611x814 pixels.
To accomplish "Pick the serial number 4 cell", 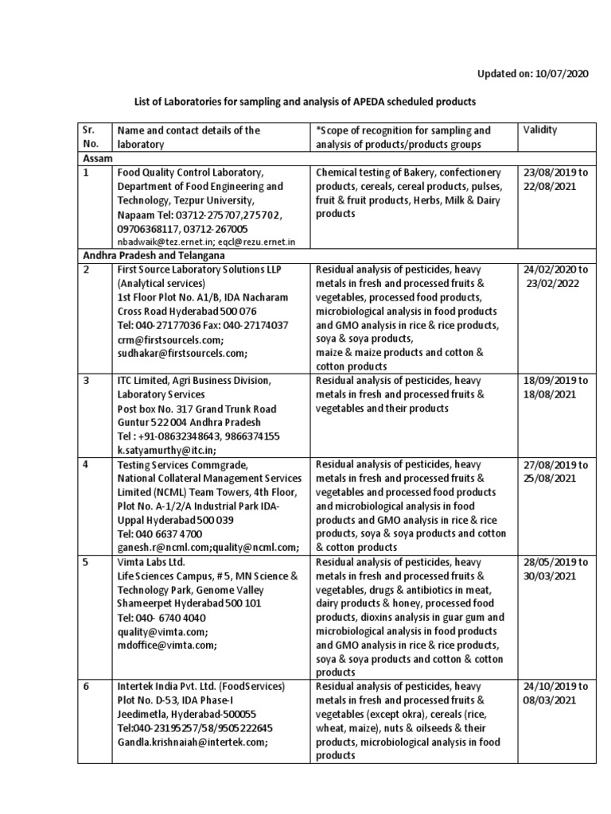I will click(x=87, y=464).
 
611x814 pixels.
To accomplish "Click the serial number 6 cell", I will click(x=87, y=685).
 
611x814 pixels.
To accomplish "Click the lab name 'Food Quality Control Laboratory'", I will click(x=190, y=172).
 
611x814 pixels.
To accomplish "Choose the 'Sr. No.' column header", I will click(x=89, y=137).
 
